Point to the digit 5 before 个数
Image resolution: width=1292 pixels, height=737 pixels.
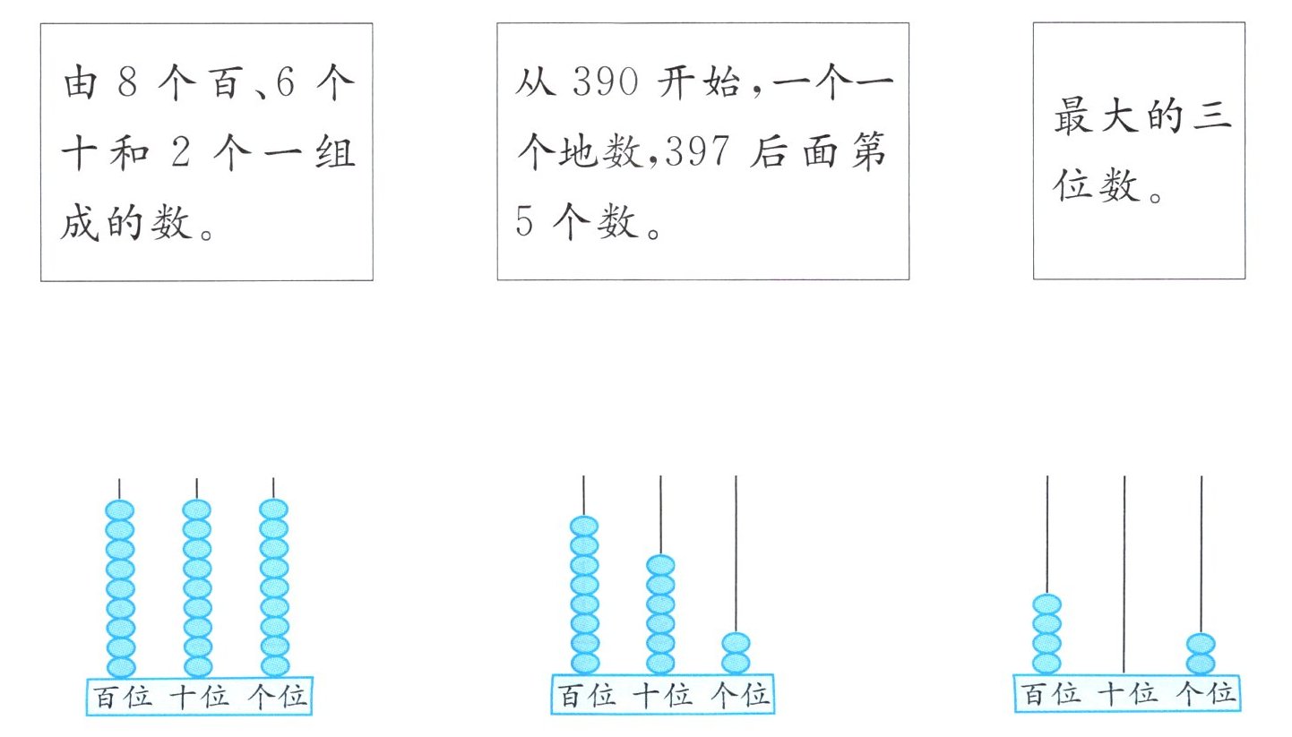pyautogui.click(x=524, y=221)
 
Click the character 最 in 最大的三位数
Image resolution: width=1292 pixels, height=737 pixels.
pyautogui.click(x=1072, y=117)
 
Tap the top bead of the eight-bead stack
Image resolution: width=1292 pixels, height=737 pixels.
pyautogui.click(x=584, y=527)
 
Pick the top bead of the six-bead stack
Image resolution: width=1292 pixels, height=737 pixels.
pyautogui.click(x=660, y=565)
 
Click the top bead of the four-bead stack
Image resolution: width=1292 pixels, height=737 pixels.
pyautogui.click(x=1047, y=604)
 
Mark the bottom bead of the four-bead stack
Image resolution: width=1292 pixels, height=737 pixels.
pyautogui.click(x=1047, y=664)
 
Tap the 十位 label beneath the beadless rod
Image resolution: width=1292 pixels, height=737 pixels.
pyautogui.click(x=1126, y=694)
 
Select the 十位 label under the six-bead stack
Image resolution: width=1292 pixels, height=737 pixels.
pyautogui.click(x=662, y=696)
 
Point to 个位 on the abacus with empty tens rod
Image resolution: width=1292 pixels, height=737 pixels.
pyautogui.click(x=1205, y=694)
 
